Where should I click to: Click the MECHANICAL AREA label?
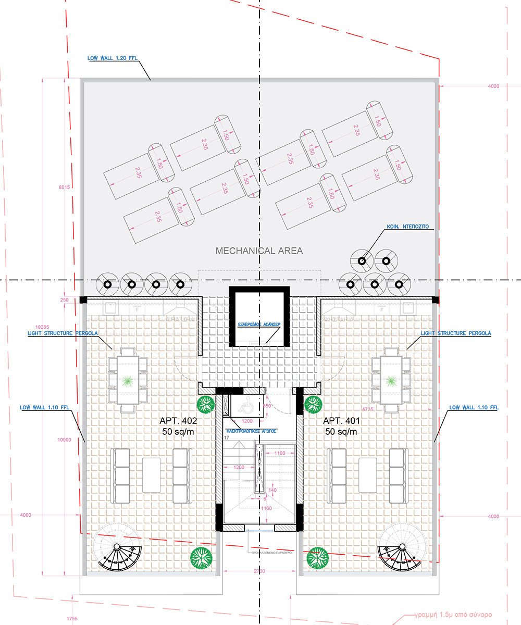point(259,251)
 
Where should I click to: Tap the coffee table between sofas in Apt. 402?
point(151,474)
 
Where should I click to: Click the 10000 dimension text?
point(64,440)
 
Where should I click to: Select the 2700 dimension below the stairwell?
point(259,571)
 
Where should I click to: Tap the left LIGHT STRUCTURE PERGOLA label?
point(63,333)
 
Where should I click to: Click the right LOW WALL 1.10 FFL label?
point(473,407)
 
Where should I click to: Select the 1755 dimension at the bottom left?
point(72,618)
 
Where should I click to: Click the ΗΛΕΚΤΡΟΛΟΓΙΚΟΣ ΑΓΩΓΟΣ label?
point(251,431)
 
